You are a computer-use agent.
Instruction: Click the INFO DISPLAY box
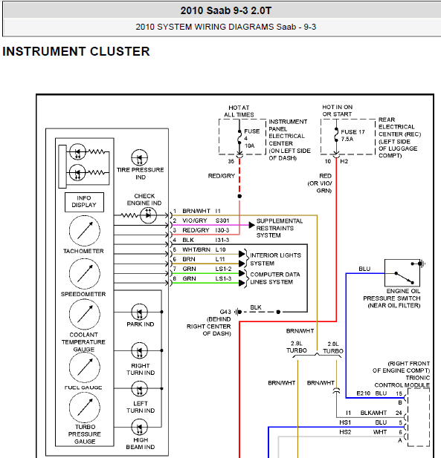click(84, 202)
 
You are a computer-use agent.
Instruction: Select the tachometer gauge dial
click(85, 231)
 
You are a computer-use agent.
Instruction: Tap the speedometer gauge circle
click(85, 274)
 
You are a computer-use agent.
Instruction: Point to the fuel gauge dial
click(85, 367)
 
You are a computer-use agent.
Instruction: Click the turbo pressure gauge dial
click(85, 408)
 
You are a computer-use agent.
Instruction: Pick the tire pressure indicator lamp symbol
click(140, 157)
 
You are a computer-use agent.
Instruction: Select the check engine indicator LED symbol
click(149, 215)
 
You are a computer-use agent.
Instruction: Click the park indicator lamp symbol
click(140, 312)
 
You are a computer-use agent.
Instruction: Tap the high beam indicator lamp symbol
click(140, 428)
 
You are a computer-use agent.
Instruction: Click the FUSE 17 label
click(353, 132)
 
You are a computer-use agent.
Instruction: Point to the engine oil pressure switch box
click(402, 273)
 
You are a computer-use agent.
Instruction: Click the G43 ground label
click(225, 312)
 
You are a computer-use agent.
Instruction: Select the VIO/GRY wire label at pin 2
click(195, 220)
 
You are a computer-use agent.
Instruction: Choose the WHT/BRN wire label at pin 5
click(196, 249)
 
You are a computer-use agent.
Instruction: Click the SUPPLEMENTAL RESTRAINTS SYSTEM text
click(280, 228)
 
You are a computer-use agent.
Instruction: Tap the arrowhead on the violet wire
click(251, 225)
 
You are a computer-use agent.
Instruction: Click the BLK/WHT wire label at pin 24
click(373, 413)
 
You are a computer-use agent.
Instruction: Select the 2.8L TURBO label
click(297, 347)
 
